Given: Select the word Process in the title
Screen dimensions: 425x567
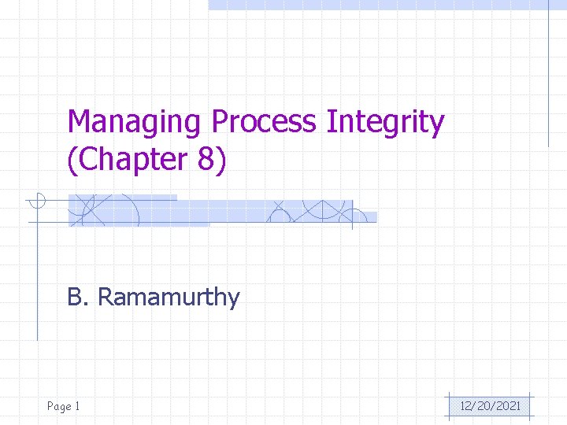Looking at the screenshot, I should click(x=264, y=124).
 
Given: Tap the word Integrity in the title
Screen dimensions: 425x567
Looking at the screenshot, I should click(x=385, y=124).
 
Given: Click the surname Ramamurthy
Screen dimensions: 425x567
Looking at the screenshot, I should click(x=169, y=298).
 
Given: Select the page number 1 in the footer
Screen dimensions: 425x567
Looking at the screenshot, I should click(x=77, y=406).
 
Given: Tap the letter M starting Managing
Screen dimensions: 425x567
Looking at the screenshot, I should click(x=80, y=123).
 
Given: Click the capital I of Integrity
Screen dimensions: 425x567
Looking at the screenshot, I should click(x=330, y=122).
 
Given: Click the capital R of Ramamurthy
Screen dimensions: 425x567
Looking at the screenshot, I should click(x=105, y=297).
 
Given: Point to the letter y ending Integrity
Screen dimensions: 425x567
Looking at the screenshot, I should click(x=436, y=126).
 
